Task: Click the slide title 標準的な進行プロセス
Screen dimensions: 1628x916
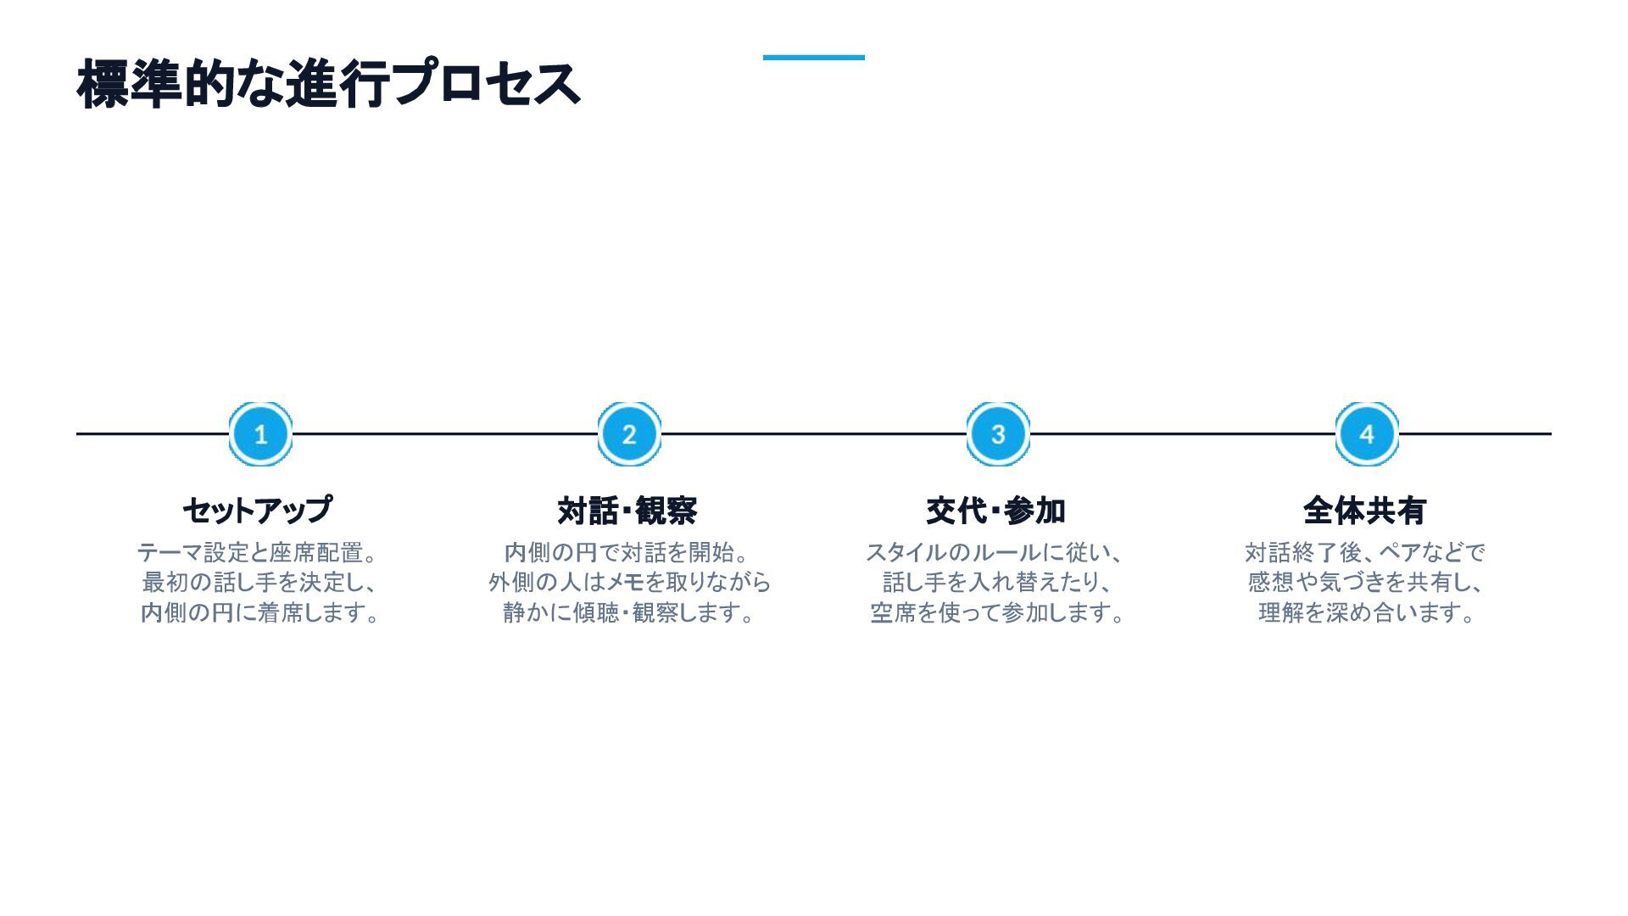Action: [x=328, y=84]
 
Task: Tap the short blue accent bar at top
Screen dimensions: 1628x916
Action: [x=813, y=58]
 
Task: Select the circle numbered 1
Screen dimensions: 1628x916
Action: [x=260, y=434]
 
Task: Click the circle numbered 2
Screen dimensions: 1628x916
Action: [x=629, y=434]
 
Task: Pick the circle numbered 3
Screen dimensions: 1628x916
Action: [x=998, y=434]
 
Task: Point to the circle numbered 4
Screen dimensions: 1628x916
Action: [x=1367, y=434]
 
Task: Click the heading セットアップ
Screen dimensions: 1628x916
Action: [x=258, y=511]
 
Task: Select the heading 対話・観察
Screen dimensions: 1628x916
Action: [x=627, y=511]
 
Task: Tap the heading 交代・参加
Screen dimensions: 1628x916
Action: [x=996, y=511]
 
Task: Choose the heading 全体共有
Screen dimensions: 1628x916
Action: [x=1364, y=511]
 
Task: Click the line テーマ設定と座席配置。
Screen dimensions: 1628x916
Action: [x=258, y=553]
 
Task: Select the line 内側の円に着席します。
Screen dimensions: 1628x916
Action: [x=260, y=612]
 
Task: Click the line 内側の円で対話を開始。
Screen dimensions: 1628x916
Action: [x=627, y=553]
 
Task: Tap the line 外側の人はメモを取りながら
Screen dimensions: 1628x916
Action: [x=629, y=583]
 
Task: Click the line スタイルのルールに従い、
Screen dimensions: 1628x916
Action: [x=995, y=553]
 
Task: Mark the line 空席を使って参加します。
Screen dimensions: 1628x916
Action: [x=998, y=612]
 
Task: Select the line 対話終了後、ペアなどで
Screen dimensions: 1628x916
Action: [x=1365, y=553]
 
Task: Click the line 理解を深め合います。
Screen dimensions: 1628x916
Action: [x=1367, y=612]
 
